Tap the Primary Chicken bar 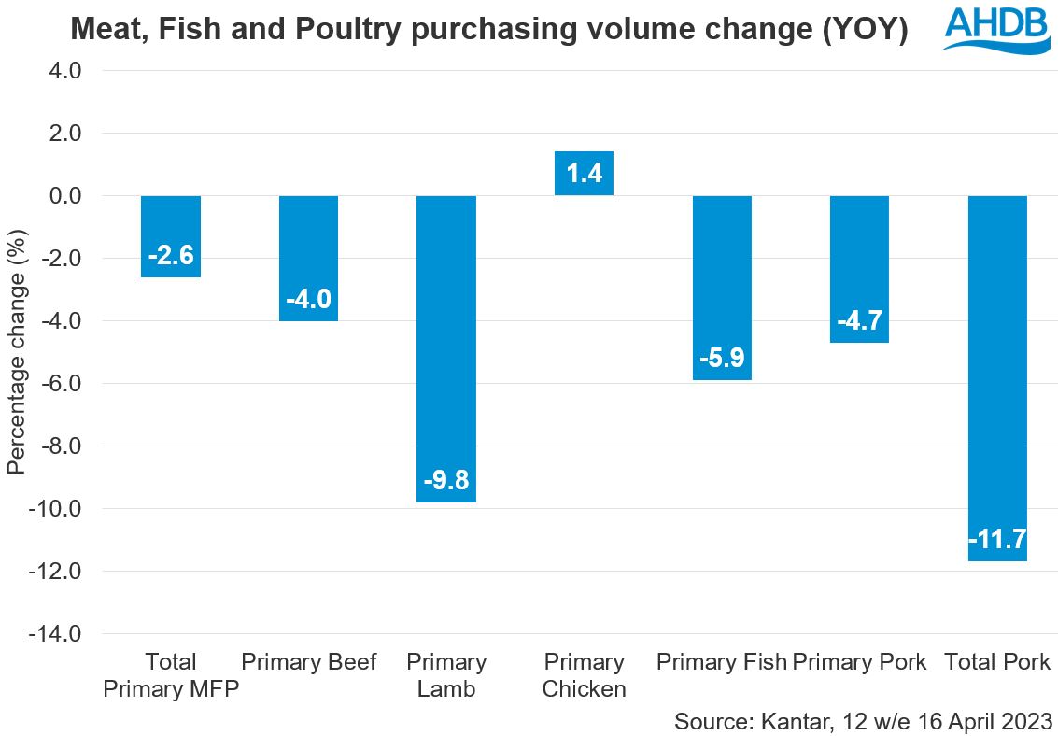pyautogui.click(x=584, y=173)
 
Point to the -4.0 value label pyautogui.click(x=309, y=300)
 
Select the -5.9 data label pyautogui.click(x=722, y=359)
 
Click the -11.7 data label pyautogui.click(x=997, y=540)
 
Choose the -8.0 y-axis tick pyautogui.click(x=59, y=446)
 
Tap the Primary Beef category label pyautogui.click(x=309, y=662)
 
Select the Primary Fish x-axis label pyautogui.click(x=721, y=662)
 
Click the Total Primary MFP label pyautogui.click(x=171, y=676)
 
